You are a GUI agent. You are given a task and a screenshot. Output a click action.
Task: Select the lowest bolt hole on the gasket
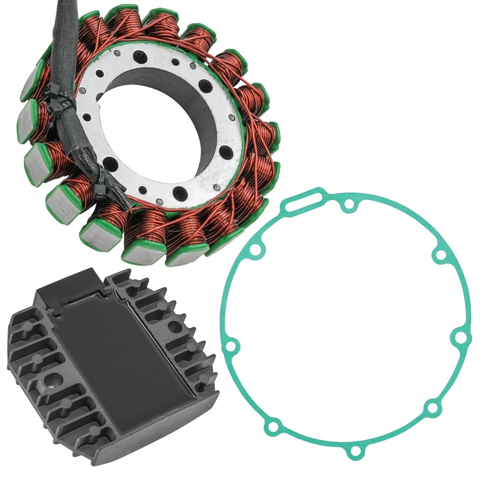coord(355,451)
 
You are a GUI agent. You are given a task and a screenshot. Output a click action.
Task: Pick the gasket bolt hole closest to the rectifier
coord(230,346)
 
